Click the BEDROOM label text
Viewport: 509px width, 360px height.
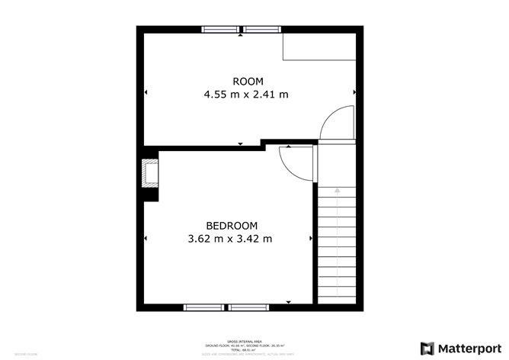[231, 225]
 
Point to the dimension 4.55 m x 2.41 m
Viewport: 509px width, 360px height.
[245, 95]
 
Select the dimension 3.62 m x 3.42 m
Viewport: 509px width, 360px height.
[231, 239]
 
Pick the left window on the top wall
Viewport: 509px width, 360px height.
[221, 30]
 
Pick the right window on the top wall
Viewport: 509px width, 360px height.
[262, 30]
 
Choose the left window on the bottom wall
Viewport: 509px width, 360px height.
[204, 307]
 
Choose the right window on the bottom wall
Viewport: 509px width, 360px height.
[248, 307]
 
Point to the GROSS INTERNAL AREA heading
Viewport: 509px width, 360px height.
[254, 341]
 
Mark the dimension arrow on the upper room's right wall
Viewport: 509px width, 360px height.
[354, 92]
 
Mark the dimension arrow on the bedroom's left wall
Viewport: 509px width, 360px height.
[145, 239]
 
